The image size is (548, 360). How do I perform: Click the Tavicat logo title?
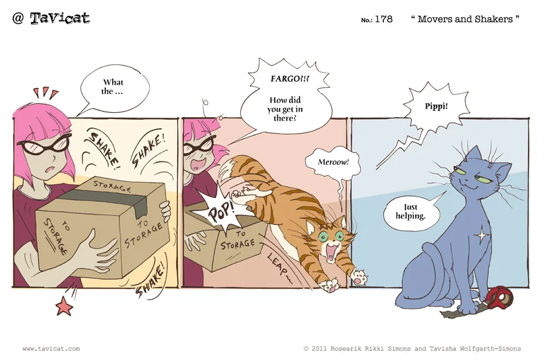[51, 18]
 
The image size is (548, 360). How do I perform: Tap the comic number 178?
[383, 19]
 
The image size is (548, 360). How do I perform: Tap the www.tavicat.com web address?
[51, 348]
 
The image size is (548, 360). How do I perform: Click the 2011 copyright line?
[412, 348]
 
